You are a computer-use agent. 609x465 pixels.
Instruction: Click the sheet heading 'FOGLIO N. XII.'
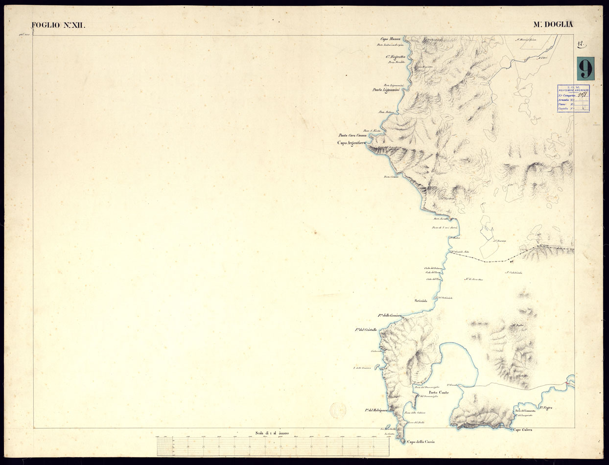58,25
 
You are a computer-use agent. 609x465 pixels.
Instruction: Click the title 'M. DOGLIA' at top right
553,24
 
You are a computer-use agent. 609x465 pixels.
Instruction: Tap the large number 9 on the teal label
585,69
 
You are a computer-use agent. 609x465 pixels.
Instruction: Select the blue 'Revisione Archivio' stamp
573,98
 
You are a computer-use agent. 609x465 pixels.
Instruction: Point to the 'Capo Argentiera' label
351,143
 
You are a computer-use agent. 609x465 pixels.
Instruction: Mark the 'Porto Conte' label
439,393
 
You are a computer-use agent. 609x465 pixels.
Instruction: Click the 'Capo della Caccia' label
421,442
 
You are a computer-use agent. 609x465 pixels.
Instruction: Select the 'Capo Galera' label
523,430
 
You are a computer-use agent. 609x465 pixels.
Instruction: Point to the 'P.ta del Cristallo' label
366,330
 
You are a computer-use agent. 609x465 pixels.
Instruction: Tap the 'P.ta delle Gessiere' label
390,316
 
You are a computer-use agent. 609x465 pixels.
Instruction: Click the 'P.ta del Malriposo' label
376,410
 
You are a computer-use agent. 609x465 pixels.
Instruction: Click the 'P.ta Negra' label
549,407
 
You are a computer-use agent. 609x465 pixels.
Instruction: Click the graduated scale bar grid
273,446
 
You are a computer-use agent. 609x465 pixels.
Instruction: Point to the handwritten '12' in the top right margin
581,45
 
